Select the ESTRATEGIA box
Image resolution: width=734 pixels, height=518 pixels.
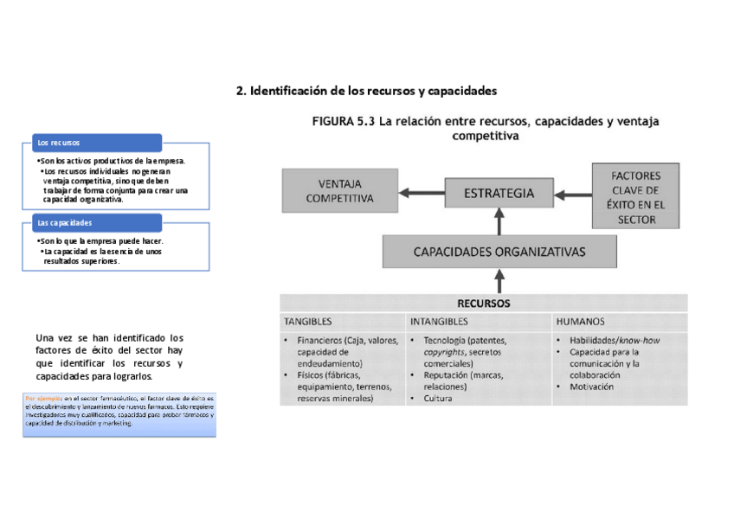point(499,194)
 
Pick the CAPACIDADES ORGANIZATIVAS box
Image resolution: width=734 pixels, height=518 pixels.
point(499,253)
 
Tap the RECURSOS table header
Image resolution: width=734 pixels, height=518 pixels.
point(483,304)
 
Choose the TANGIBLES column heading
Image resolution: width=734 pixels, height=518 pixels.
point(308,321)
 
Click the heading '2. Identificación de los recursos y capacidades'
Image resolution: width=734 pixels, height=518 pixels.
point(366,91)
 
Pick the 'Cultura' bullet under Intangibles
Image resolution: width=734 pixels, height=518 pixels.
point(438,399)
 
